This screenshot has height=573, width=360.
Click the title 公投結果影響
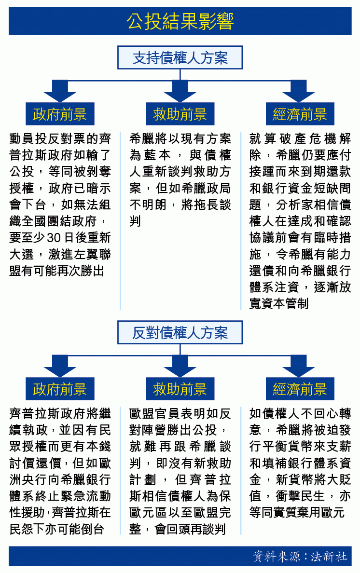(x=180, y=21)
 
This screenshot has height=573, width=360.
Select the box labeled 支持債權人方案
(x=180, y=57)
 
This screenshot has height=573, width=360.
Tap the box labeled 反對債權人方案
(x=180, y=332)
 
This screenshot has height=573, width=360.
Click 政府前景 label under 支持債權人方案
(x=60, y=114)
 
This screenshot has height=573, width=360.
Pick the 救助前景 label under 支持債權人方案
(x=180, y=114)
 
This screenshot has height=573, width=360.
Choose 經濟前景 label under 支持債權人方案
(x=300, y=114)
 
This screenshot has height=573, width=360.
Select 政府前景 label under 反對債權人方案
(x=60, y=389)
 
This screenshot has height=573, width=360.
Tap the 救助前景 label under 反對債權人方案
(x=180, y=389)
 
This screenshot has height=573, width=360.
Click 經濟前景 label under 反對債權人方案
(x=300, y=389)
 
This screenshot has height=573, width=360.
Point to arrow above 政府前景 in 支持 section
(x=60, y=91)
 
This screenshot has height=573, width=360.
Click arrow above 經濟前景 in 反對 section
(x=299, y=367)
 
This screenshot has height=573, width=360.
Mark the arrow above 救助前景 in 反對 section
(x=180, y=367)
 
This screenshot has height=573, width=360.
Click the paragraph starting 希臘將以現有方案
(x=180, y=180)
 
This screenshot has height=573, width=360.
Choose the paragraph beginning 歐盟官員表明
(x=180, y=471)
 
